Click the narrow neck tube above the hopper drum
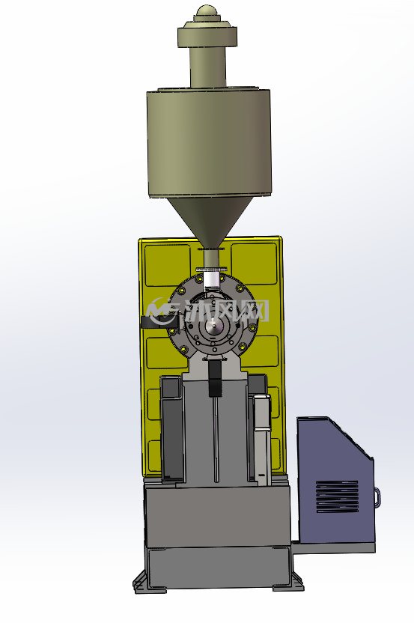(x=208, y=67)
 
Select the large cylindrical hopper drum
(x=209, y=142)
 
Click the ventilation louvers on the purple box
(x=338, y=496)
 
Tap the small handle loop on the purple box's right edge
(x=377, y=497)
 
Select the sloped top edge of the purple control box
(x=350, y=437)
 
